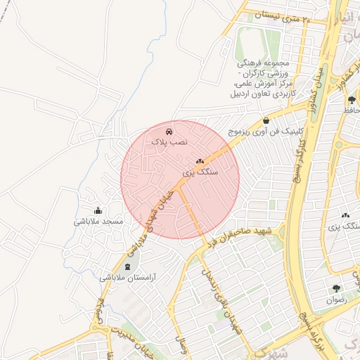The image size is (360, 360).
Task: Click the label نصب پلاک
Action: (169, 141)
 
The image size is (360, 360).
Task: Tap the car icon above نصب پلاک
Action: (169, 131)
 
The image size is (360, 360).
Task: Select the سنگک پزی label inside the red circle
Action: (200, 171)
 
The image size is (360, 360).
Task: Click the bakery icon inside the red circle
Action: (200, 161)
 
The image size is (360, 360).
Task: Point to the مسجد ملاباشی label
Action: (98, 221)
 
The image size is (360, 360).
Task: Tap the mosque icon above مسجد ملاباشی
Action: (98, 210)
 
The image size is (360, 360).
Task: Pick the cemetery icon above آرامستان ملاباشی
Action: (127, 266)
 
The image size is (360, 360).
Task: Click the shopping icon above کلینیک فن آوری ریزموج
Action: (266, 121)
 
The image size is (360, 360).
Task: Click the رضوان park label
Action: (336, 299)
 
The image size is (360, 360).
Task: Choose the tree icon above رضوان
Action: (337, 288)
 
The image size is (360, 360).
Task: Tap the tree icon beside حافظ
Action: (351, 100)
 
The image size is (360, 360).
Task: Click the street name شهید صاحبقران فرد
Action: (245, 235)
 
